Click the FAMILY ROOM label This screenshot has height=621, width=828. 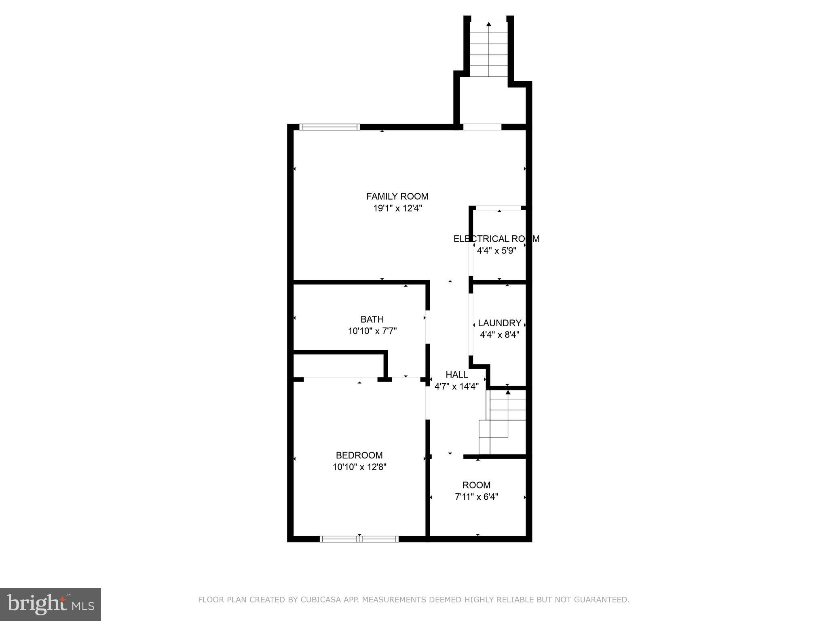[397, 196]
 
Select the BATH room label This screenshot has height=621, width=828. [372, 319]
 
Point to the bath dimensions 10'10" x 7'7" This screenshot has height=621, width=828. [372, 331]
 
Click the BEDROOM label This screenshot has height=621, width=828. [359, 455]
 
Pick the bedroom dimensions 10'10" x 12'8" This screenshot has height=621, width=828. [359, 467]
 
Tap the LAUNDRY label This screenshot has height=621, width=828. [499, 323]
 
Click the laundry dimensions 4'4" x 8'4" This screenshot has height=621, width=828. [499, 335]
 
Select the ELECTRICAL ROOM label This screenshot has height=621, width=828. [496, 239]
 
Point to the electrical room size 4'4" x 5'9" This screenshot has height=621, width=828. [496, 251]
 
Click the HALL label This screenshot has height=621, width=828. [456, 374]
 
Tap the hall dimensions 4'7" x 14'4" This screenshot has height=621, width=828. [456, 387]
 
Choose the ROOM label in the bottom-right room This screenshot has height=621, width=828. [476, 485]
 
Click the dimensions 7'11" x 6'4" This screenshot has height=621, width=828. [476, 497]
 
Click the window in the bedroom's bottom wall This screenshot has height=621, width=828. [359, 539]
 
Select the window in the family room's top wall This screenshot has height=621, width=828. [330, 127]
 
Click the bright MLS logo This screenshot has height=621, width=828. [51, 604]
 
